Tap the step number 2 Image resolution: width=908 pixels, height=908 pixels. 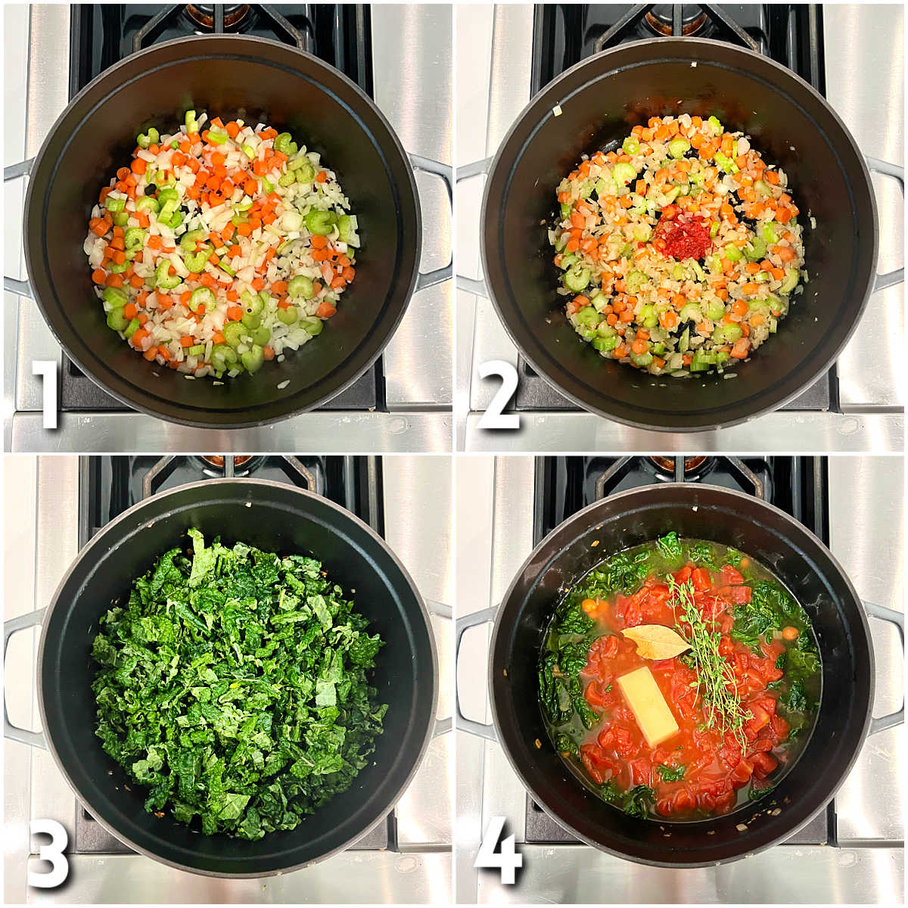(x=498, y=394)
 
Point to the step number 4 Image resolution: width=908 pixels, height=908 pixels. (x=498, y=850)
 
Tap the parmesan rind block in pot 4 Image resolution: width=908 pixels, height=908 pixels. (x=648, y=706)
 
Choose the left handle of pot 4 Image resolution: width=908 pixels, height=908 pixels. (x=469, y=673)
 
